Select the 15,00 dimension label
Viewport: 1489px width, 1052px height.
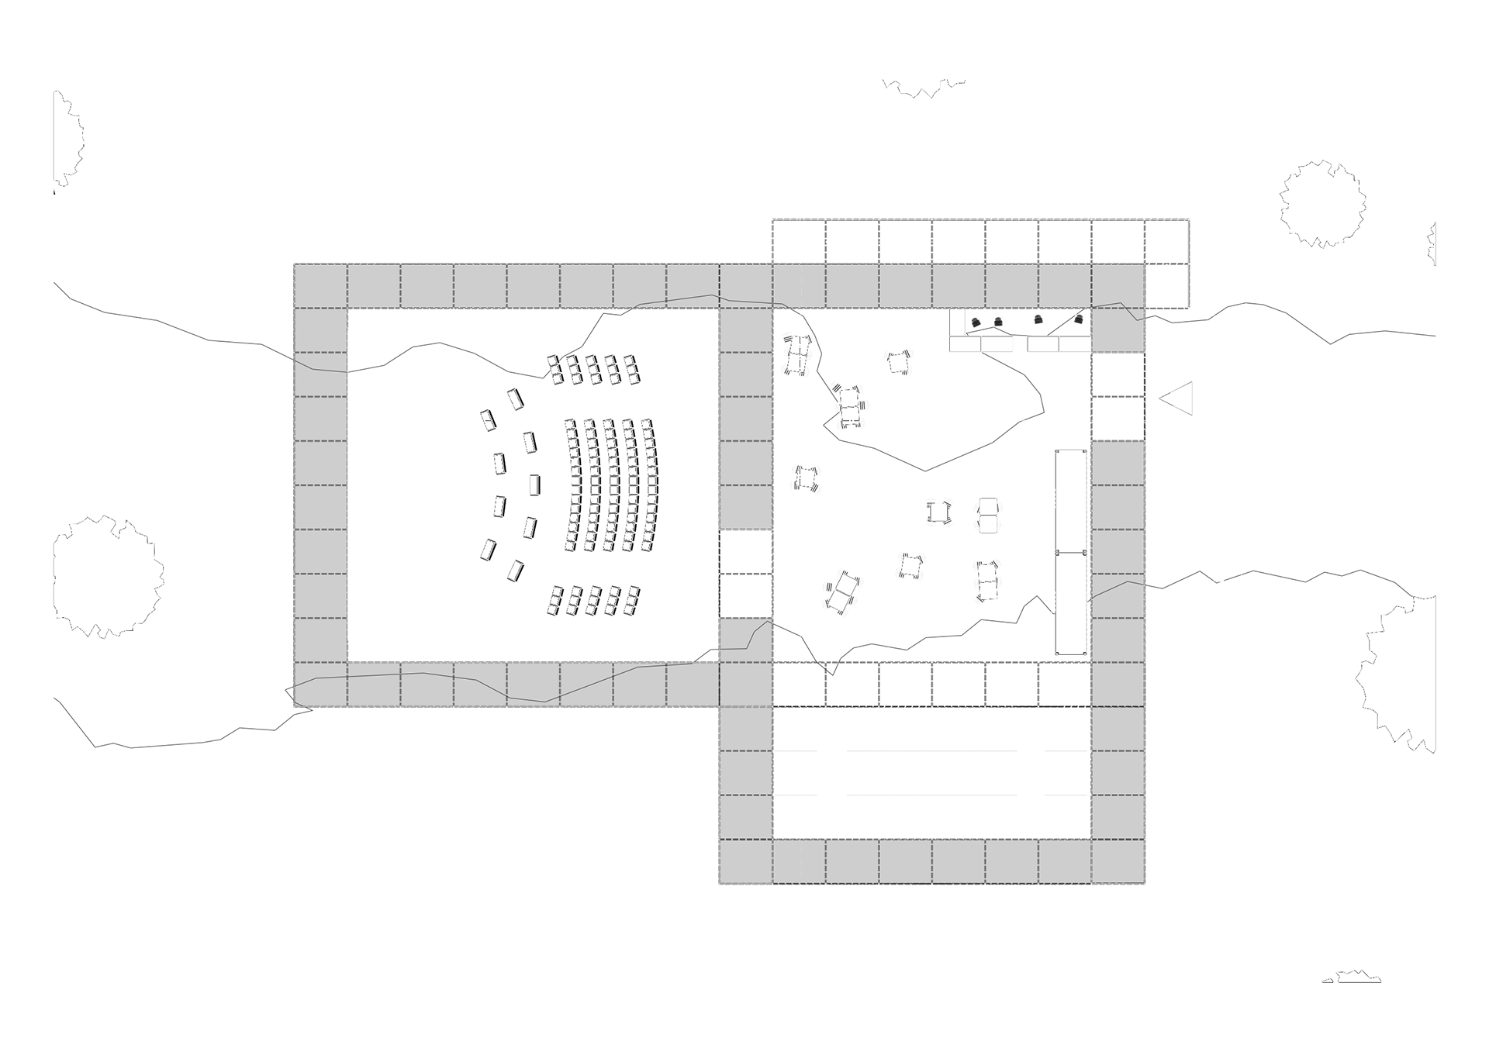tap(1218, 574)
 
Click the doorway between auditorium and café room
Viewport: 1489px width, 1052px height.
tap(745, 574)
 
